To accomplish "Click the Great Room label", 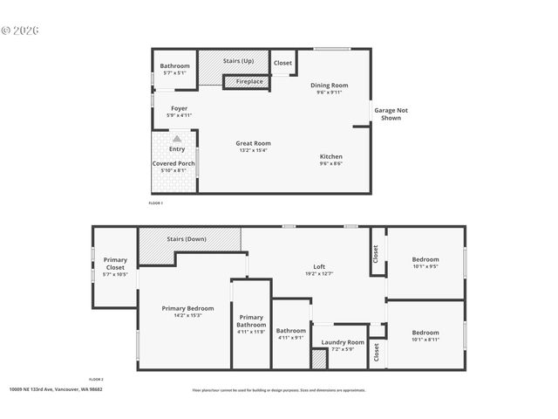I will pos(253,143).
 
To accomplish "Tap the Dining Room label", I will pos(330,85).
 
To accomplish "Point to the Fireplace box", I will pos(250,82).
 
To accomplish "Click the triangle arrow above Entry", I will pos(177,138).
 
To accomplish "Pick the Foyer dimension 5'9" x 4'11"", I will pos(179,115).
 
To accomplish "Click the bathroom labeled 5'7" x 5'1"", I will pos(174,70).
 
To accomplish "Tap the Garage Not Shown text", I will pos(391,113).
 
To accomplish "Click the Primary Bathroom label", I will pos(251,320).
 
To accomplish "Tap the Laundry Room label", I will pos(343,342).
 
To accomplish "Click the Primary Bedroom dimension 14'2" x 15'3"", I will pos(187,315).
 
